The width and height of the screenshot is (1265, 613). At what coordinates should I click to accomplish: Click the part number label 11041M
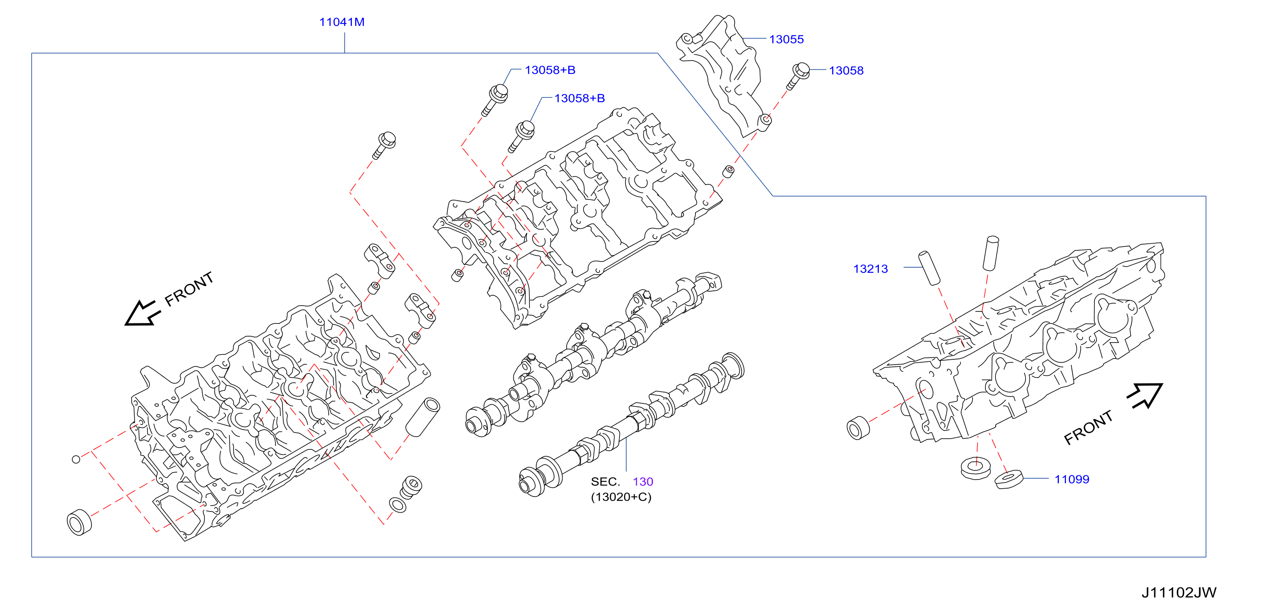[x=342, y=22]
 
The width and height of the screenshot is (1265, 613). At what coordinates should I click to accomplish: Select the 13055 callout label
[x=786, y=39]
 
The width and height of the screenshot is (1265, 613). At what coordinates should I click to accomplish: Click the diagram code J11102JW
[x=1179, y=592]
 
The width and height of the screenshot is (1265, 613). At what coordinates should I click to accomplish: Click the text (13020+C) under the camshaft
[x=621, y=497]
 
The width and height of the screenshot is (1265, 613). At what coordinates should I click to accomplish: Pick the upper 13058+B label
[x=550, y=70]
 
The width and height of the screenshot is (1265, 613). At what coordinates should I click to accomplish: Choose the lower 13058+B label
[x=579, y=98]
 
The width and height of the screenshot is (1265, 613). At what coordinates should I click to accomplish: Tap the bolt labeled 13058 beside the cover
[x=797, y=76]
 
